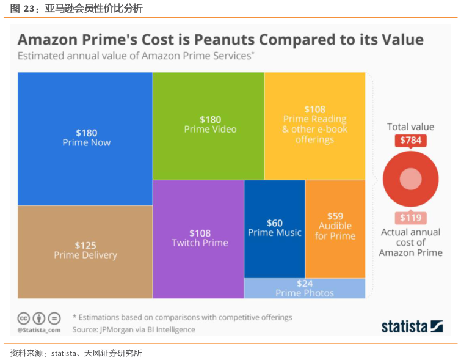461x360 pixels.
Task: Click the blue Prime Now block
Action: point(85,138)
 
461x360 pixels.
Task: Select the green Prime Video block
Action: point(208,125)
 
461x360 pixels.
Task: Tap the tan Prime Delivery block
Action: point(85,251)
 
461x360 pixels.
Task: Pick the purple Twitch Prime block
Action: point(198,238)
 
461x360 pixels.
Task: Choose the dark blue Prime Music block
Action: point(274,229)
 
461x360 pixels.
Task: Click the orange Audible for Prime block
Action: point(335,226)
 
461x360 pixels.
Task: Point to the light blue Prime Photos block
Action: point(305,288)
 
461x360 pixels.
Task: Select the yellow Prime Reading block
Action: point(314,125)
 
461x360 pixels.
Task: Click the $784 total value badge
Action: point(410,141)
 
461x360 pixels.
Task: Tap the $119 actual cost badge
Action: point(410,217)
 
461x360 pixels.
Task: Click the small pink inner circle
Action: point(410,179)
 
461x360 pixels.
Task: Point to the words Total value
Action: point(410,127)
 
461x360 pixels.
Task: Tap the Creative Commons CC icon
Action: point(24,318)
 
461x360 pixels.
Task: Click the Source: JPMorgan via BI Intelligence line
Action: point(134,329)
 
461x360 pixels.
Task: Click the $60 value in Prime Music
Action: point(274,222)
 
